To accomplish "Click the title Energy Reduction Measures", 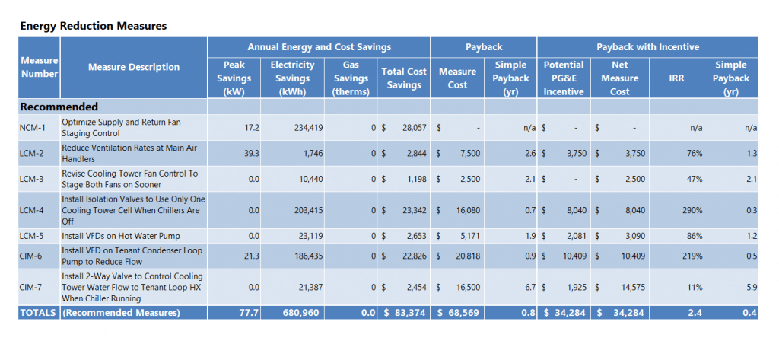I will (93, 26).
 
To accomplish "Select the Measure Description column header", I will (133, 67).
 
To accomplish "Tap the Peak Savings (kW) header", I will (234, 78).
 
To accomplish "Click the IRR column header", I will (676, 78).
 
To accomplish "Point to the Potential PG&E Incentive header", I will (563, 78).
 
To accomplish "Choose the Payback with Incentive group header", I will (647, 46).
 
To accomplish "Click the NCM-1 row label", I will (33, 128).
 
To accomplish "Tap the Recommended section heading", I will (59, 107).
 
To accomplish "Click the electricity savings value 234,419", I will (308, 128).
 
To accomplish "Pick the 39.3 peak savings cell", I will (252, 154).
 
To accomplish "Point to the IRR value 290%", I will (692, 209).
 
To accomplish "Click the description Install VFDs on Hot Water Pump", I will (121, 236).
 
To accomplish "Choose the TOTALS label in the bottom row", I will (38, 313).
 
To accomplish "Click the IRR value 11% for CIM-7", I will (694, 288).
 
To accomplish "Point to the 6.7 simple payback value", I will (529, 288).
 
